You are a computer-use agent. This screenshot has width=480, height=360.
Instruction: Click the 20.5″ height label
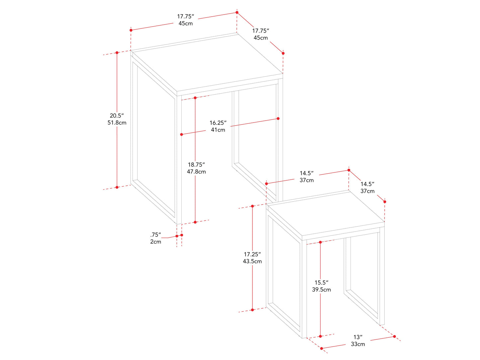pyautogui.click(x=117, y=116)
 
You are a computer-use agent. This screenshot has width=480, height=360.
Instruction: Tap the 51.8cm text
pyautogui.click(x=117, y=123)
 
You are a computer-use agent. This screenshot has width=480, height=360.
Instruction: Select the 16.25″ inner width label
pyautogui.click(x=218, y=123)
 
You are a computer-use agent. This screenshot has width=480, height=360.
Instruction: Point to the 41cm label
pyautogui.click(x=218, y=130)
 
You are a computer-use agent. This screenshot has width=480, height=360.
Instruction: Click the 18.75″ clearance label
pyautogui.click(x=196, y=164)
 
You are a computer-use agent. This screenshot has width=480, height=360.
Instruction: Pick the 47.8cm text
pyautogui.click(x=196, y=172)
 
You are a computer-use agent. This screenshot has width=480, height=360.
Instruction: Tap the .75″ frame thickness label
pyautogui.click(x=155, y=234)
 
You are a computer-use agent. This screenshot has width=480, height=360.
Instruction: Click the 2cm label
pyautogui.click(x=155, y=242)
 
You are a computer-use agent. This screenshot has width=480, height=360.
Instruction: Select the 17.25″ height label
pyautogui.click(x=252, y=254)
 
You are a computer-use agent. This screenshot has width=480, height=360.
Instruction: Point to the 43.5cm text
pyautogui.click(x=252, y=261)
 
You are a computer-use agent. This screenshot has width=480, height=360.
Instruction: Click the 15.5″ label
pyautogui.click(x=321, y=282)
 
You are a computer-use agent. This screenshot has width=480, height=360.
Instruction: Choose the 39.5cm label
pyautogui.click(x=321, y=290)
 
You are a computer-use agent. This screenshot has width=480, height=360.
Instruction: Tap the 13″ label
pyautogui.click(x=358, y=337)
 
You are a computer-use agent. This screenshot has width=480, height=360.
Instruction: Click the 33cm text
pyautogui.click(x=358, y=344)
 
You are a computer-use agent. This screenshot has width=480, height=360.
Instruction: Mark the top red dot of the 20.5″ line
pyautogui.click(x=117, y=52)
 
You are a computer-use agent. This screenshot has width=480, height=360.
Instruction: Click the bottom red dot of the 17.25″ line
pyautogui.click(x=252, y=310)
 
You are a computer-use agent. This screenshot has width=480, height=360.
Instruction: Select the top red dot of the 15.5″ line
pyautogui.click(x=320, y=242)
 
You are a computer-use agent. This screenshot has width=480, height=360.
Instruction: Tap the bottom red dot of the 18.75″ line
pyautogui.click(x=195, y=222)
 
